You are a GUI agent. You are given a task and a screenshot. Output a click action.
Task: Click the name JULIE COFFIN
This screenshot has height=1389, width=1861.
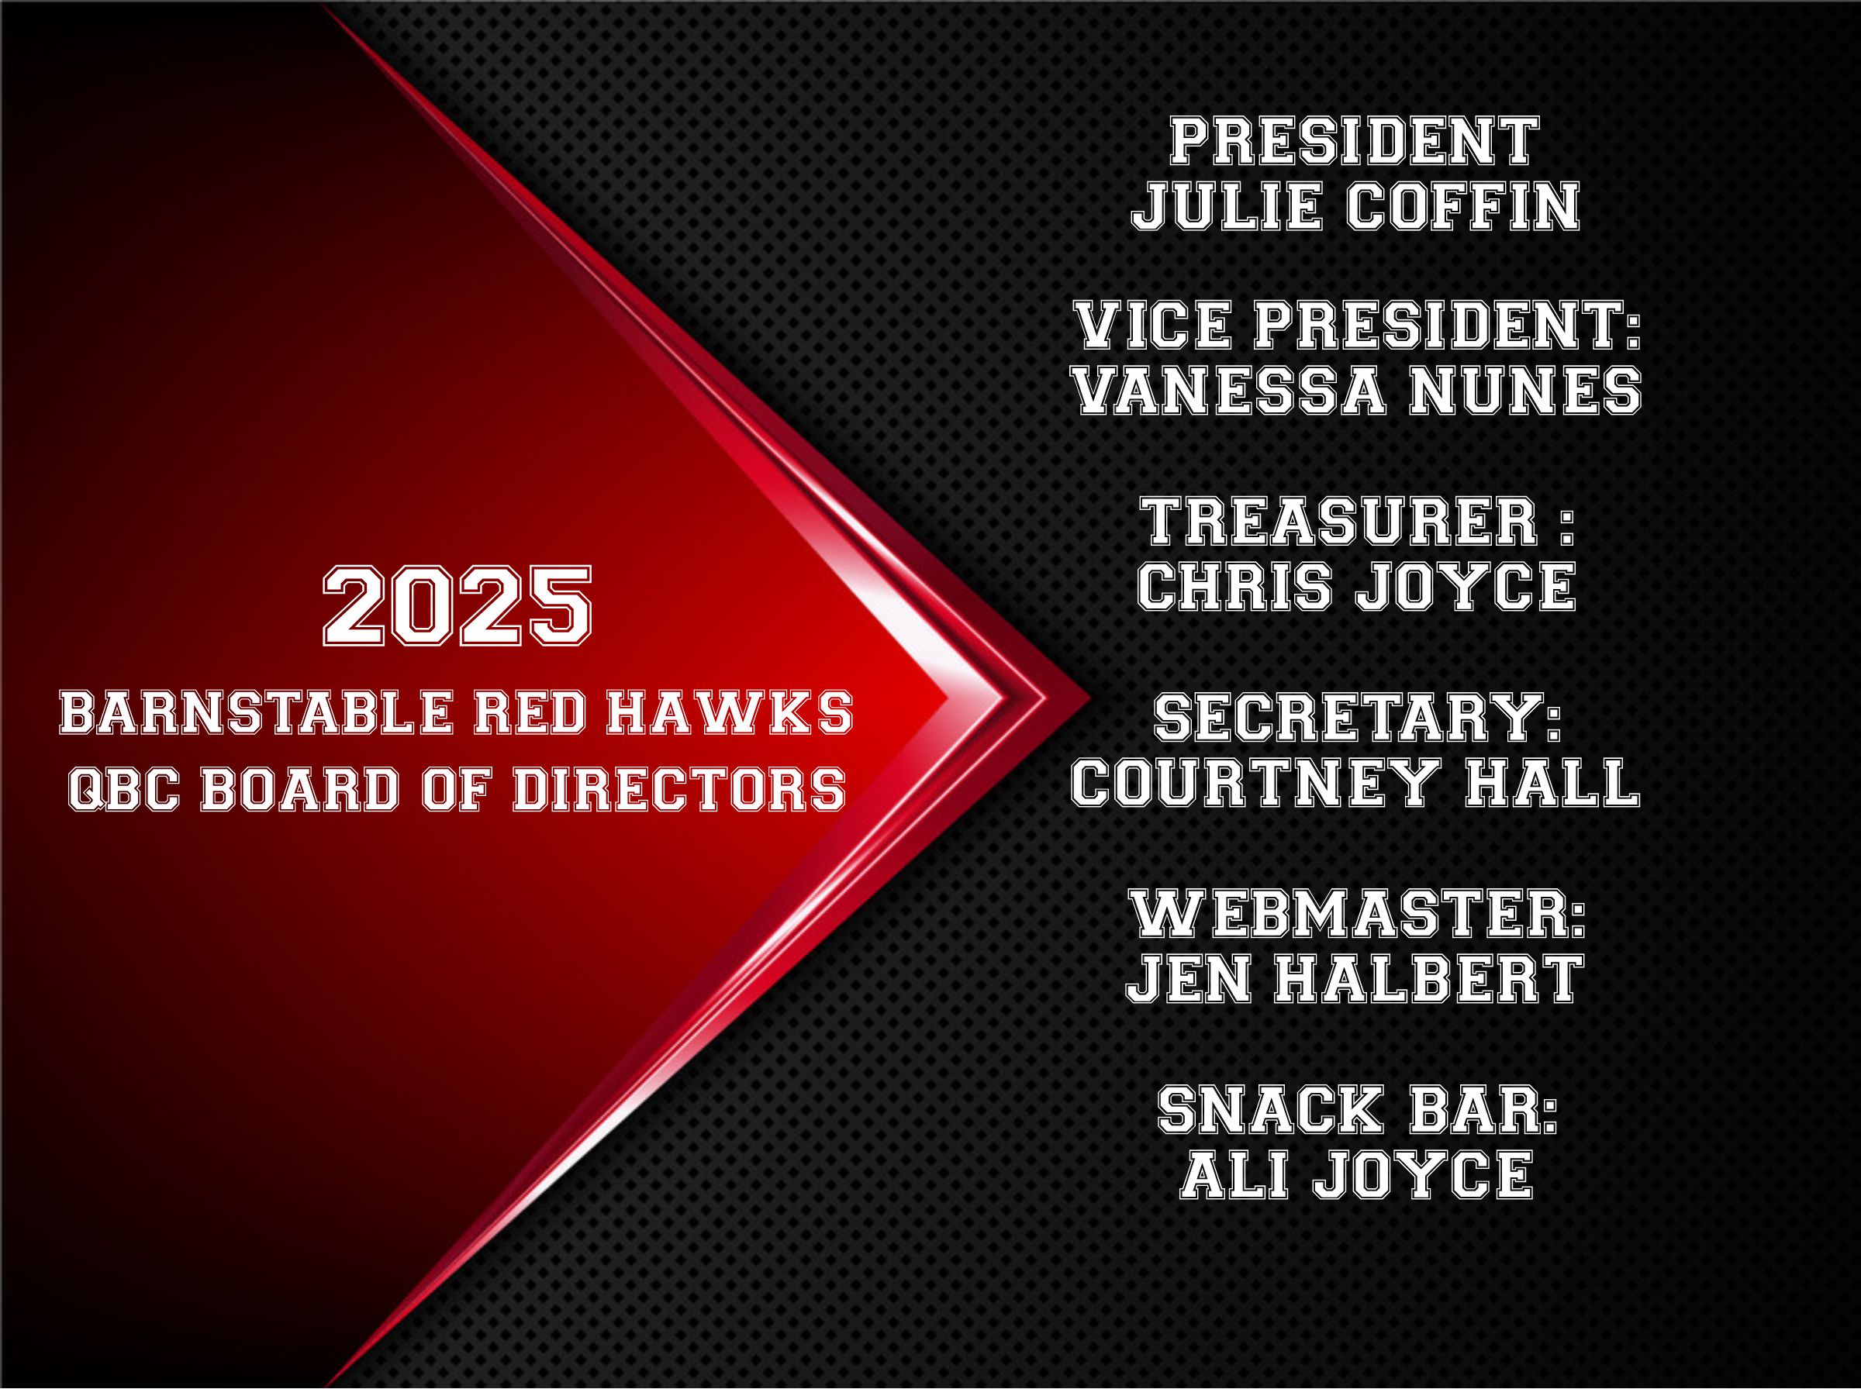(x=1355, y=207)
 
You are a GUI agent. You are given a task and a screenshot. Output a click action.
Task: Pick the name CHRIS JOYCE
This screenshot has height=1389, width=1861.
(x=1355, y=586)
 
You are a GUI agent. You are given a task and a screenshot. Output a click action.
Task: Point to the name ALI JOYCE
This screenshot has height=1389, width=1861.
(x=1356, y=1175)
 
